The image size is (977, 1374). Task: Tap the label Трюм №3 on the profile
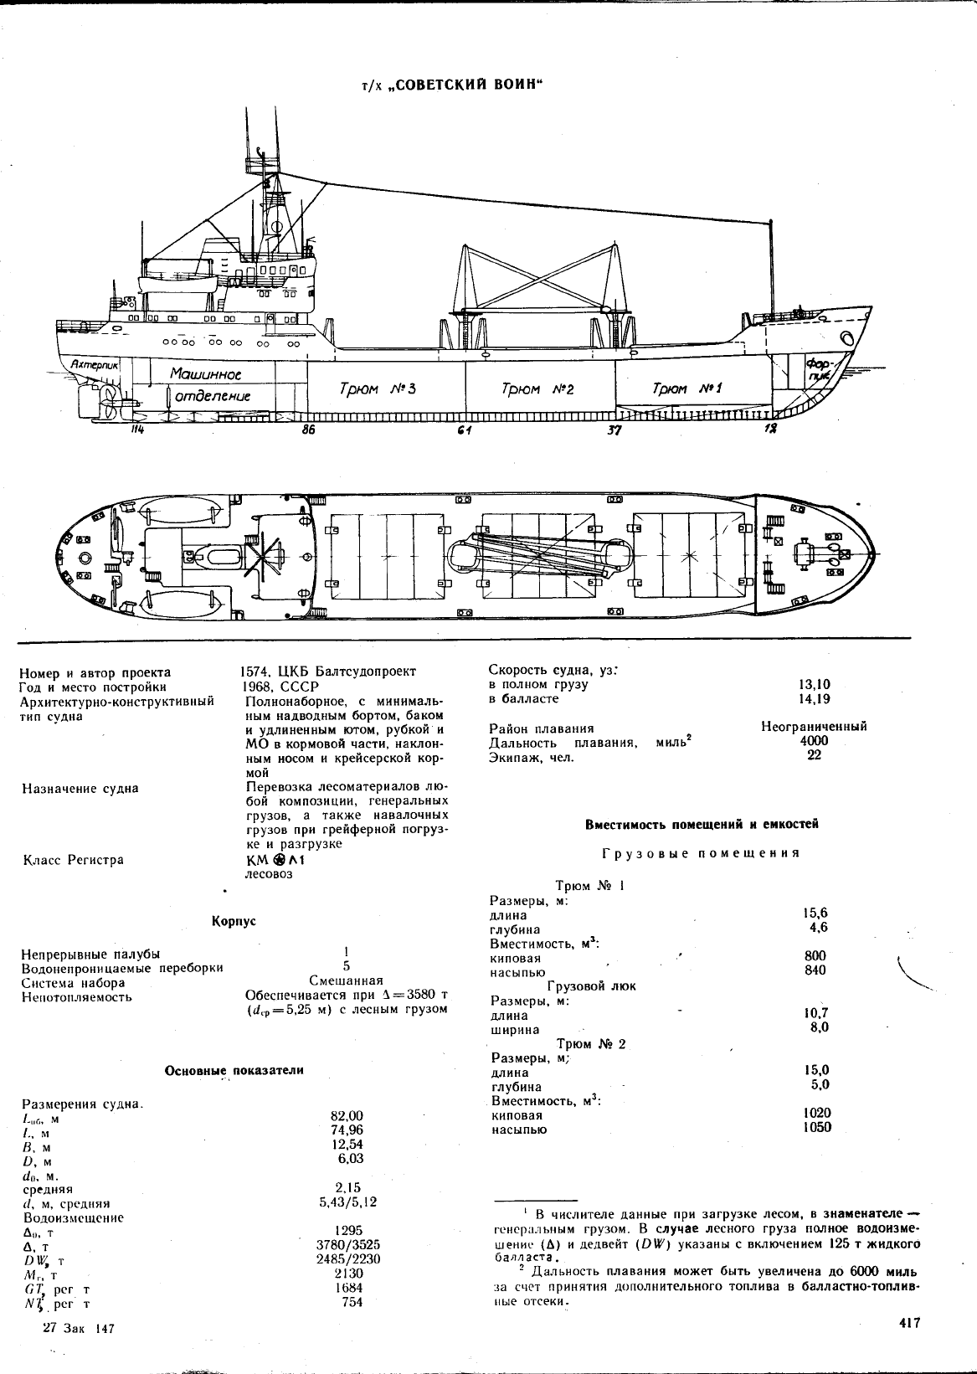pos(378,389)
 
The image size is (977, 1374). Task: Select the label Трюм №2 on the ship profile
pos(537,389)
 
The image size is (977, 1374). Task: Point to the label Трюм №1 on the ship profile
pos(686,389)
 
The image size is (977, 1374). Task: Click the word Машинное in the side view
pos(205,373)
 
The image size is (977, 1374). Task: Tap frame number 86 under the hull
pos(308,430)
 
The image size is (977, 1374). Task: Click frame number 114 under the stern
pos(136,430)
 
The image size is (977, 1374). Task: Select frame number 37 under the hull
pos(614,430)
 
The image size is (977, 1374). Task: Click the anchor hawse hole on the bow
pos(848,338)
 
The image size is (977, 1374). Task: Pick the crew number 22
pos(814,755)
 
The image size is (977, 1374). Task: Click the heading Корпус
pos(234,921)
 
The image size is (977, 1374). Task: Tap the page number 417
pos(909,1323)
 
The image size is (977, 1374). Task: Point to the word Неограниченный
pos(814,726)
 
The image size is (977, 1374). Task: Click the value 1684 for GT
pos(349,1288)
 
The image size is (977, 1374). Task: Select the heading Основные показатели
pos(234,1070)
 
